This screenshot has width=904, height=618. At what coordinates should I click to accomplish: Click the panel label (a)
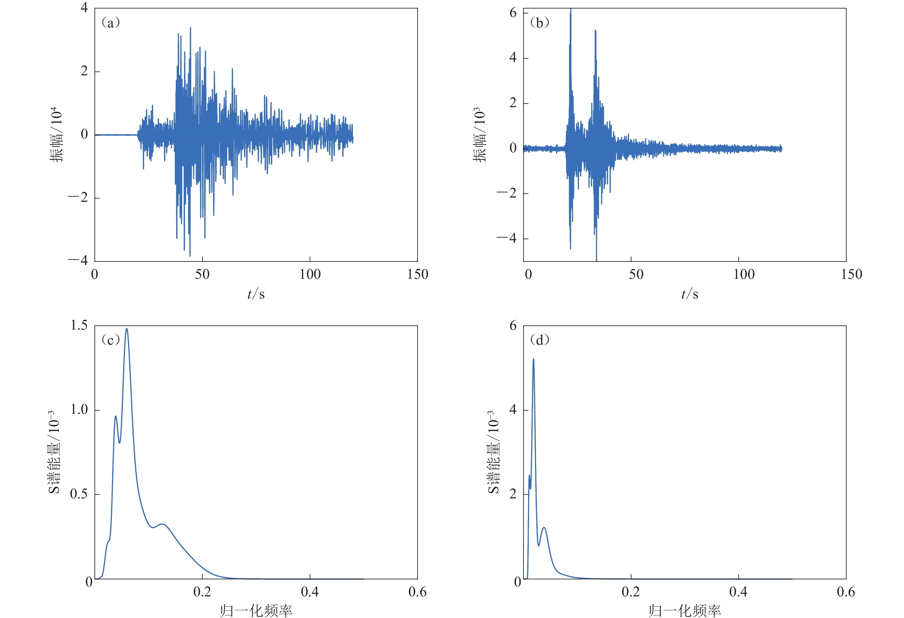[x=111, y=23]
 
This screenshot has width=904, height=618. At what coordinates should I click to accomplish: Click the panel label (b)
[x=540, y=23]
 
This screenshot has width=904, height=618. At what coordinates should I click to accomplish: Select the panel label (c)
[x=111, y=340]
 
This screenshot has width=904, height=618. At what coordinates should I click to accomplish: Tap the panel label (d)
[x=540, y=340]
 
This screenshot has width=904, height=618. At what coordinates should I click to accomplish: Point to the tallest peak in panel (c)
[x=126, y=329]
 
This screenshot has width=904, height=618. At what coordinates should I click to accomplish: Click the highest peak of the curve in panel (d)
[x=533, y=359]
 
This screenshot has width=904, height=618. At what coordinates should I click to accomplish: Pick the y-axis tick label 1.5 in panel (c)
[x=79, y=325]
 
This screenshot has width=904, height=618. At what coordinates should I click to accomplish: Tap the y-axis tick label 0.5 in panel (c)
[x=79, y=494]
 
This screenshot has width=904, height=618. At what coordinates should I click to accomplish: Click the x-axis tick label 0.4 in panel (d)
[x=738, y=592]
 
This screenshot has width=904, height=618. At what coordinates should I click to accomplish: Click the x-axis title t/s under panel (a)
[x=256, y=294]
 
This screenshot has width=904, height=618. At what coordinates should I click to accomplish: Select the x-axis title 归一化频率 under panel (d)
[x=685, y=610]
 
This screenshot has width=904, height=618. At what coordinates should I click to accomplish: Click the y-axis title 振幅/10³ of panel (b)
[x=480, y=134]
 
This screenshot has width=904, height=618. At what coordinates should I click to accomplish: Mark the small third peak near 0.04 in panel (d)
[x=544, y=528]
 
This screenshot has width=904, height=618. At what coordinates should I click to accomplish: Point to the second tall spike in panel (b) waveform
[x=596, y=31]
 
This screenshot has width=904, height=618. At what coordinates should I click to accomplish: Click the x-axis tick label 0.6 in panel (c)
[x=417, y=592]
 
